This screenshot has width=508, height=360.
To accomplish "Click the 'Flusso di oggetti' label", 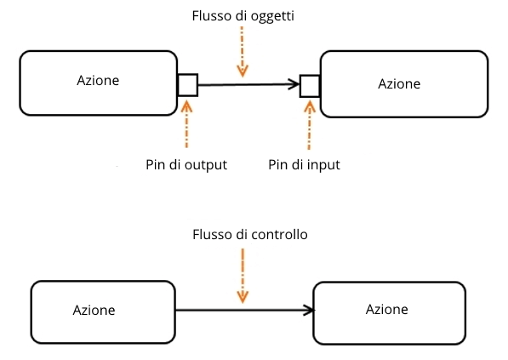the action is (243, 16).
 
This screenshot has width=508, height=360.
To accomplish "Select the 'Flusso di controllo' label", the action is (250, 234).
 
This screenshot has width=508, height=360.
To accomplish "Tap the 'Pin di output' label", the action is (186, 165).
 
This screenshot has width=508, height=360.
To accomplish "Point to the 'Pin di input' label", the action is (304, 165).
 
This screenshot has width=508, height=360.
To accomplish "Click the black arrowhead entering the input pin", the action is (294, 84).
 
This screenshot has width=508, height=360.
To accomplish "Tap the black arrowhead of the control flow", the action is (308, 310).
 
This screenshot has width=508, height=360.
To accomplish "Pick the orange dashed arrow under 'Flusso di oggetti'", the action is (243, 52).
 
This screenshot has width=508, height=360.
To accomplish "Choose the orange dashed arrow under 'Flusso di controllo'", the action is (243, 276).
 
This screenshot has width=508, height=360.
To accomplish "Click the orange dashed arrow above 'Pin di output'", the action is (186, 124).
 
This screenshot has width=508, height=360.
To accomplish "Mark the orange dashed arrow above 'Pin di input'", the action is (310, 125).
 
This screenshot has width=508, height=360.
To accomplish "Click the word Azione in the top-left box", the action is (98, 80).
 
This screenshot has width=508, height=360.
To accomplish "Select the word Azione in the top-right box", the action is (399, 84).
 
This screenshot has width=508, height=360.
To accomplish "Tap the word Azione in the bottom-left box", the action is (94, 310).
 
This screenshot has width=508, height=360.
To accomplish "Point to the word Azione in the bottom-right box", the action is (387, 310).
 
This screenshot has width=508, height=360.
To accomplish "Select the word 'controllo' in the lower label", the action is (279, 234).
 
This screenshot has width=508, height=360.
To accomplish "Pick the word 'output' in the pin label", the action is (206, 165).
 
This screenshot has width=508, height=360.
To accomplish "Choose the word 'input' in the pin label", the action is (323, 165).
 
